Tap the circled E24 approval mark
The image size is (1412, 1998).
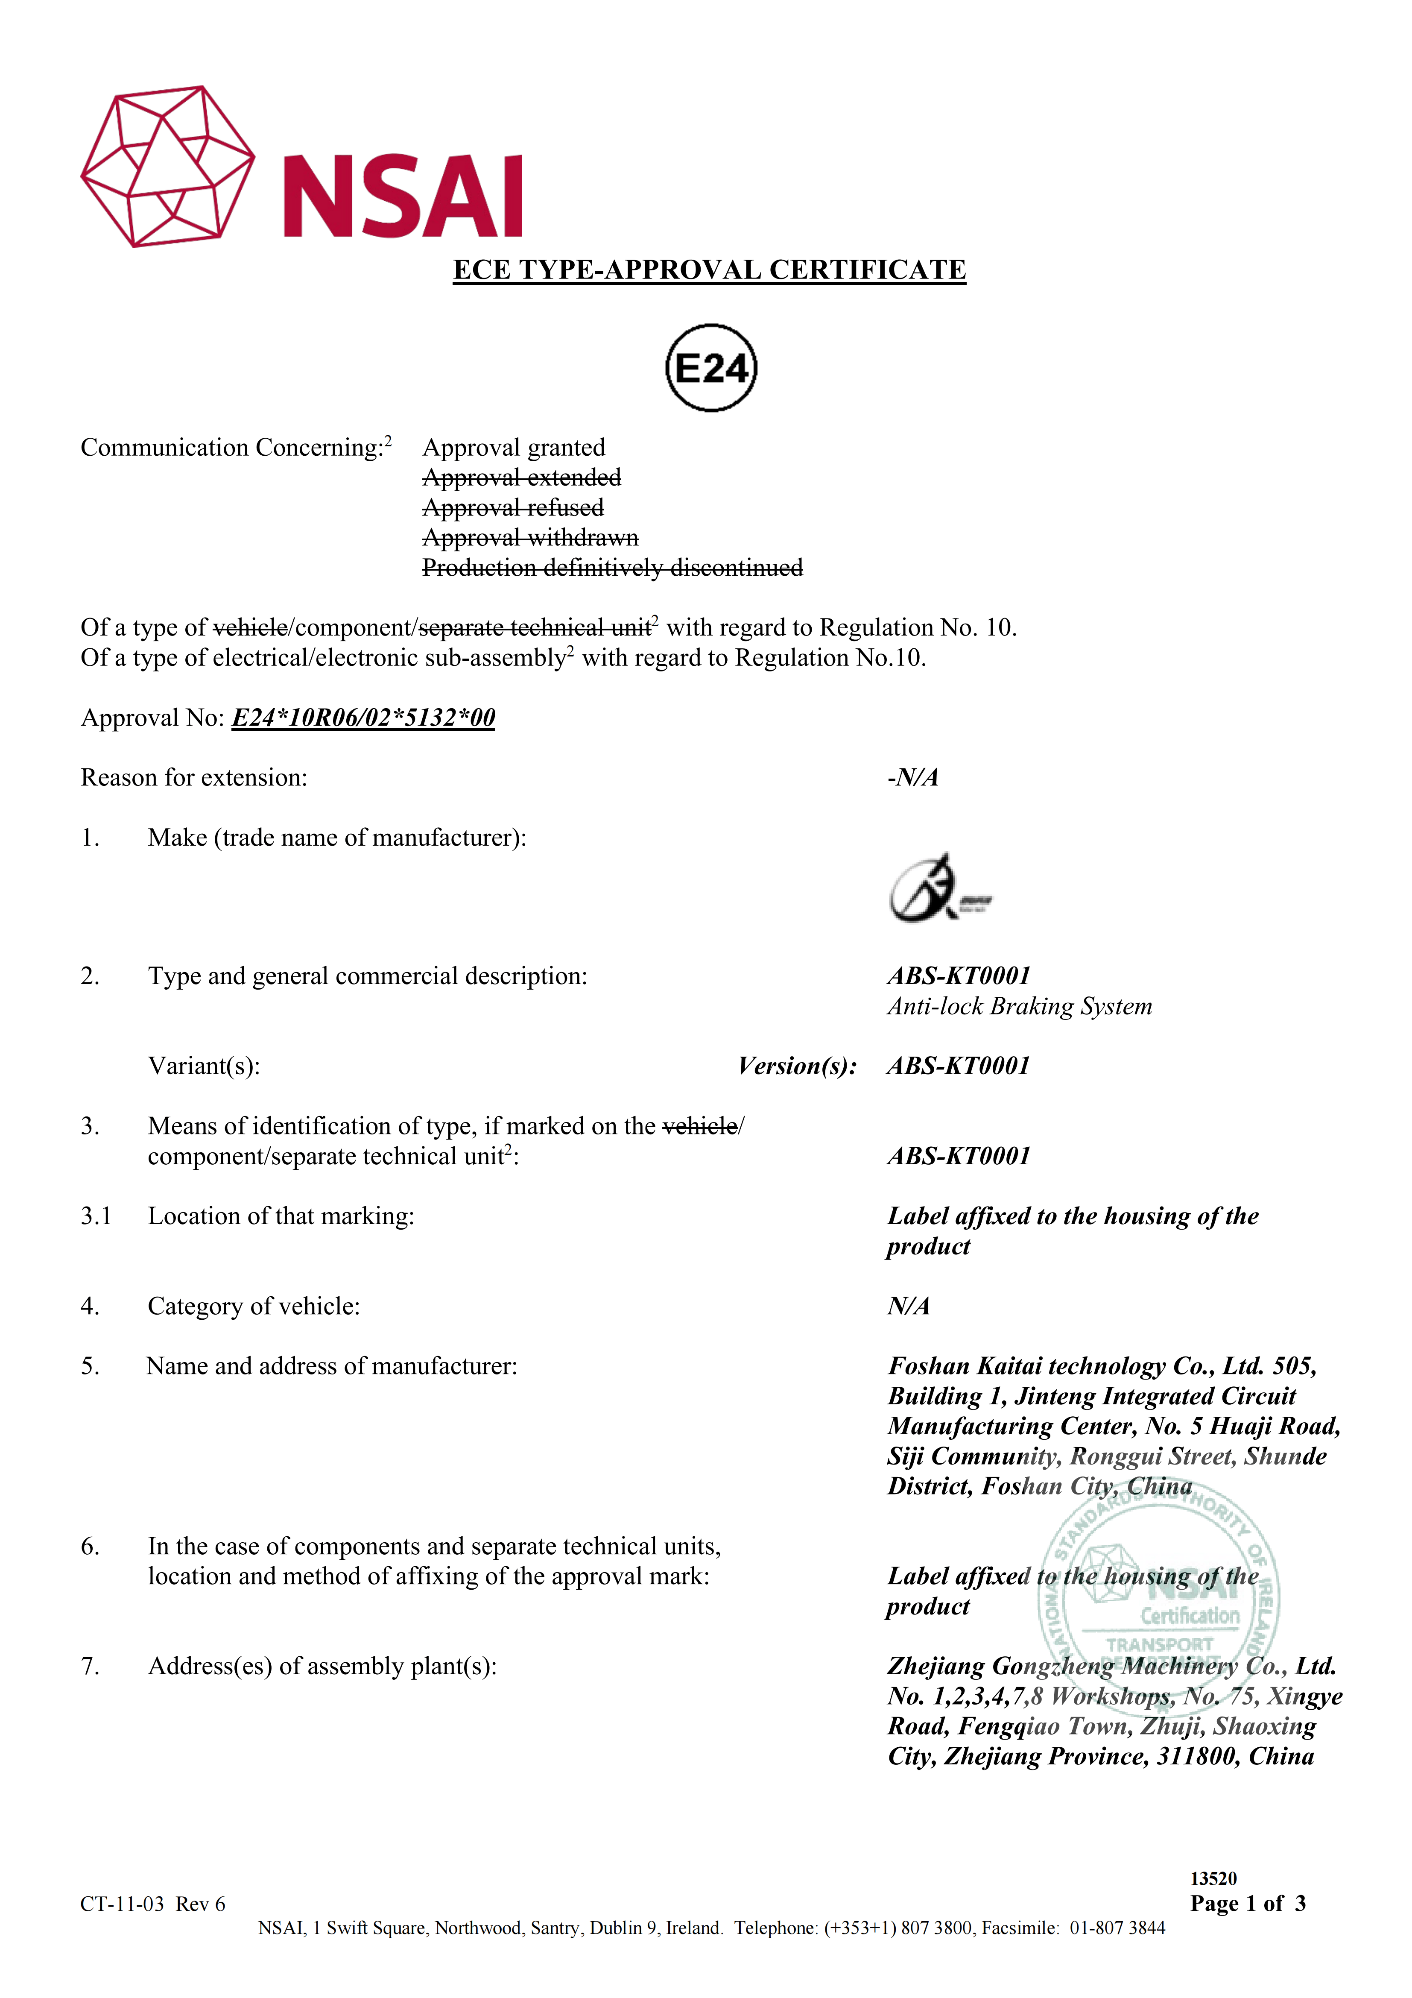point(711,368)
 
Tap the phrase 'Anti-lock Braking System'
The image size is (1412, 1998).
point(1019,1007)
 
